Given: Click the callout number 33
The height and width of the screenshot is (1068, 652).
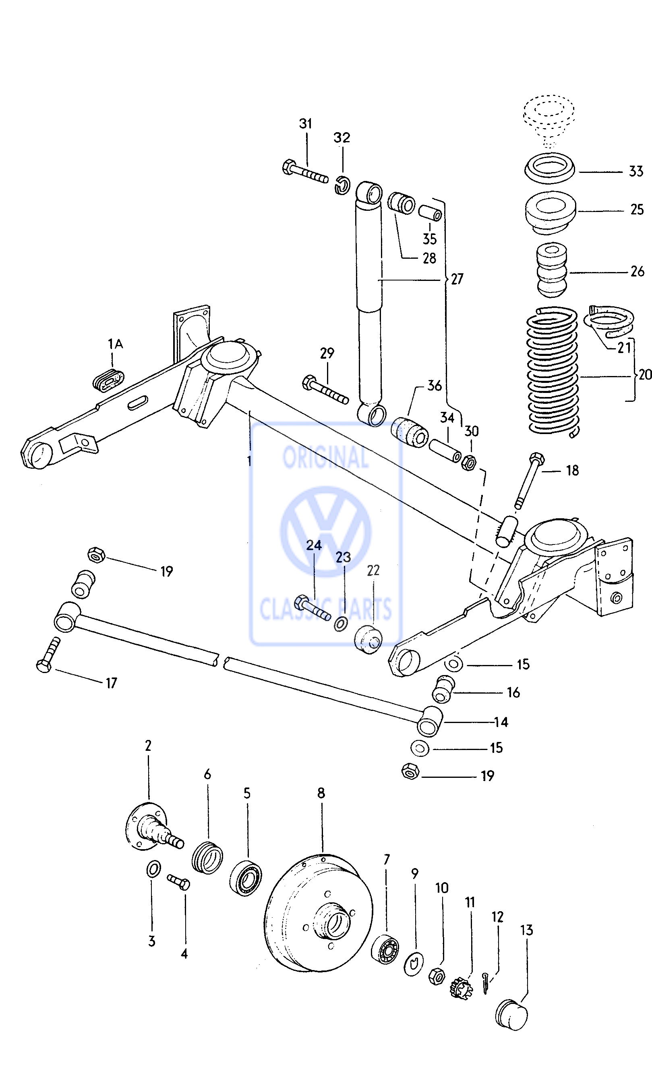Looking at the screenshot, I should pyautogui.click(x=635, y=172).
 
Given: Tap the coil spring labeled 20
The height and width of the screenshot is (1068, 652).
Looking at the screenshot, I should pyautogui.click(x=553, y=373).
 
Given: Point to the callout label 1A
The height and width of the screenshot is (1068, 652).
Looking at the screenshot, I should pyautogui.click(x=115, y=344).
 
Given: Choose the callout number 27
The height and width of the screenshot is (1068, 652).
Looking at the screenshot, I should pyautogui.click(x=457, y=279).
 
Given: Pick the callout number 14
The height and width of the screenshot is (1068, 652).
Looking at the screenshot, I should pyautogui.click(x=501, y=722).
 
